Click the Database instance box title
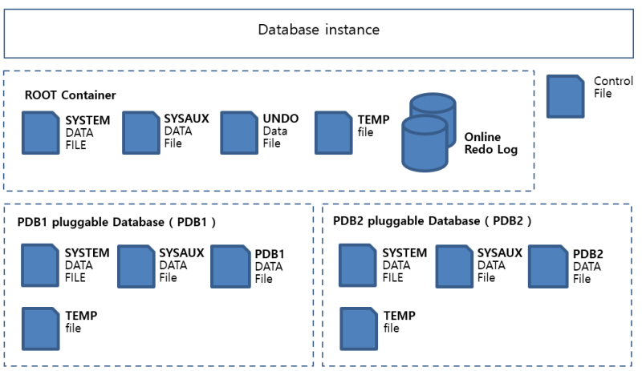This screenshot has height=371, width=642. click(x=319, y=30)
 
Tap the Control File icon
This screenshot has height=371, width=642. click(x=566, y=95)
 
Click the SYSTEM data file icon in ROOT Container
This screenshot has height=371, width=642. click(x=41, y=132)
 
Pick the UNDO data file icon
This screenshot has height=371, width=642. click(x=238, y=132)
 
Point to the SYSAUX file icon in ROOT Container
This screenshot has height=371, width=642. click(x=140, y=132)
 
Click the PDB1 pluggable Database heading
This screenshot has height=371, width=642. click(x=116, y=220)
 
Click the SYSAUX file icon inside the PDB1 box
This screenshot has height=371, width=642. click(x=136, y=265)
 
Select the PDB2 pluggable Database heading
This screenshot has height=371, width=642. click(x=433, y=220)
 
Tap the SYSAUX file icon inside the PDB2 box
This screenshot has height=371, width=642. click(x=454, y=265)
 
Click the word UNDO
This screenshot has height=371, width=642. click(x=281, y=119)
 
